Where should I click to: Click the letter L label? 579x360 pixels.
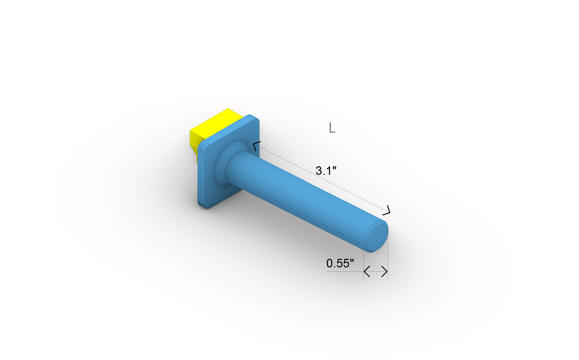click(x=332, y=128)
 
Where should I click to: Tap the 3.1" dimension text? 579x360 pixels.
click(x=326, y=171)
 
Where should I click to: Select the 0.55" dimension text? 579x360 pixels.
click(x=340, y=263)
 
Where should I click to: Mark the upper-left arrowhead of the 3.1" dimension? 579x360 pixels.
click(x=256, y=146)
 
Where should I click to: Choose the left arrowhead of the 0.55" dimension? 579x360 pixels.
click(x=366, y=272)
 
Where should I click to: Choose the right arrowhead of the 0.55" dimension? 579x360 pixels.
click(x=385, y=272)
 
